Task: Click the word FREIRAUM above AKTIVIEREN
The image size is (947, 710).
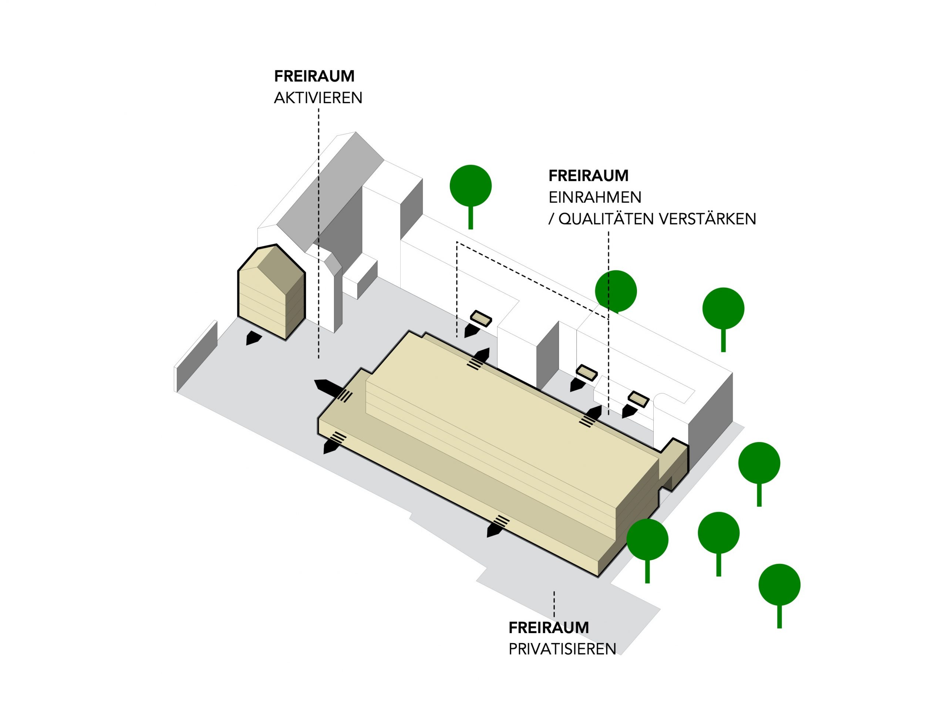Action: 314,76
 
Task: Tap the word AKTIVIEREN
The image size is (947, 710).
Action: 318,98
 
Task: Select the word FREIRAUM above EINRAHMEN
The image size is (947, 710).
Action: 588,176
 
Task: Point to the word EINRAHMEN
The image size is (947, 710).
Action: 595,197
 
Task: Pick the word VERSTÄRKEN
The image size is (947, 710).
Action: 707,219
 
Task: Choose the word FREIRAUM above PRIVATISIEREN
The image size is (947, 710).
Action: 549,628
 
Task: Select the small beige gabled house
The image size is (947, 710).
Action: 271,291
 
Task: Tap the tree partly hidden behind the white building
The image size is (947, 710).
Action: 616,291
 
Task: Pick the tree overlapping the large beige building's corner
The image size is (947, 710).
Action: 647,540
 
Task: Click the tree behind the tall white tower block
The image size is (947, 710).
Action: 471,186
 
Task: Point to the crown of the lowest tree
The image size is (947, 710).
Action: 779,585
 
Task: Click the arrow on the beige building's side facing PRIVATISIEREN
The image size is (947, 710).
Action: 496,527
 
